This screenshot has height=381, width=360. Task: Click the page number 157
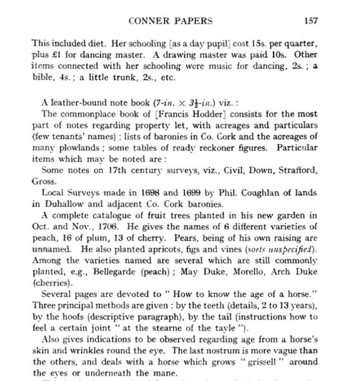311,21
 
